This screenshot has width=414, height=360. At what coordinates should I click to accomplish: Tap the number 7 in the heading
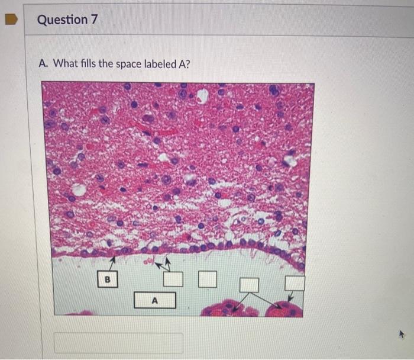pos(94,20)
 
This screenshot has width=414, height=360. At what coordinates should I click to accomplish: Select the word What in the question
pos(65,63)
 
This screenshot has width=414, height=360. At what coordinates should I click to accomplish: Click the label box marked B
pos(108,278)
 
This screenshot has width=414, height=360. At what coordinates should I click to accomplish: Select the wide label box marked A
pos(154,300)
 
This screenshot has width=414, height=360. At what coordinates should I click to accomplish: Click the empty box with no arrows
pos(207,279)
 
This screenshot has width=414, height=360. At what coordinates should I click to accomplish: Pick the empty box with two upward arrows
pos(173,279)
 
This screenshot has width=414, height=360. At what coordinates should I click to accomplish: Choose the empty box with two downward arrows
pos(249,285)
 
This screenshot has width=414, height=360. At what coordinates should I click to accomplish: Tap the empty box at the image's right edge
pos(295,283)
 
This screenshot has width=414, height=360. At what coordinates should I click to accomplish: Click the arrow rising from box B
pos(112,262)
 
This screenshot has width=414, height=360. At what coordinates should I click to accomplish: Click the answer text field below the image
pos(118,343)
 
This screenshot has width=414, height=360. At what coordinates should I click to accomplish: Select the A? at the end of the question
pos(184,63)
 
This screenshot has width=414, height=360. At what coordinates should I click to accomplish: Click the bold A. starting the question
pos(43,63)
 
